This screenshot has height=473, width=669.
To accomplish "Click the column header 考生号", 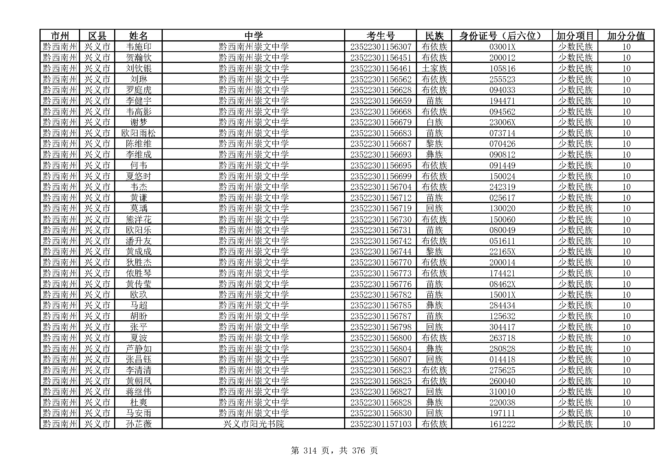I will pyautogui.click(x=380, y=36).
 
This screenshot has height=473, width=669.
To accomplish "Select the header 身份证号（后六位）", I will pyautogui.click(x=502, y=36).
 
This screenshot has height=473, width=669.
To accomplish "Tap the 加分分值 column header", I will pyautogui.click(x=626, y=36).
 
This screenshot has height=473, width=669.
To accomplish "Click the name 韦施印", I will pyautogui.click(x=138, y=47).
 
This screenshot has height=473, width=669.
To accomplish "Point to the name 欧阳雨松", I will pyautogui.click(x=138, y=133).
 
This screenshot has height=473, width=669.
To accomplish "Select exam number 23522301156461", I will pyautogui.click(x=380, y=68).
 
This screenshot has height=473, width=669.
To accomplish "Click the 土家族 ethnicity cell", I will pyautogui.click(x=434, y=68).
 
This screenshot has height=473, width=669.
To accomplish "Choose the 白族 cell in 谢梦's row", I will pyautogui.click(x=434, y=122).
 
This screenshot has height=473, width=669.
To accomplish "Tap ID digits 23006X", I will pyautogui.click(x=502, y=122).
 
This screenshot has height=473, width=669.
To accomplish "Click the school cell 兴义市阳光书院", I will pyautogui.click(x=253, y=424).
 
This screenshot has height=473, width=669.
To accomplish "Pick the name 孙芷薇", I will pyautogui.click(x=138, y=424).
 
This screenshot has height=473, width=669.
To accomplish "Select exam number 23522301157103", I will pyautogui.click(x=380, y=424).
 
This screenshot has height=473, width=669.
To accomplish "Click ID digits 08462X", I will pyautogui.click(x=502, y=284).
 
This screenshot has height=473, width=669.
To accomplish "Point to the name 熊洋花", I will pyautogui.click(x=138, y=219).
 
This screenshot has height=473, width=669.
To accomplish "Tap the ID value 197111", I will pyautogui.click(x=502, y=413).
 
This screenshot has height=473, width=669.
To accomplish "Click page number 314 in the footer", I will pyautogui.click(x=310, y=451).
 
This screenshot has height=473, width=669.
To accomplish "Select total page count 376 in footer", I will pyautogui.click(x=358, y=451).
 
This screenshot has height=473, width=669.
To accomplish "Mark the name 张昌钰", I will pyautogui.click(x=138, y=359).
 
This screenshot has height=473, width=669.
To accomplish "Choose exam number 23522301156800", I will pyautogui.click(x=380, y=338).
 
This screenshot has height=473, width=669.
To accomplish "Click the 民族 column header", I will pyautogui.click(x=434, y=36).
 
